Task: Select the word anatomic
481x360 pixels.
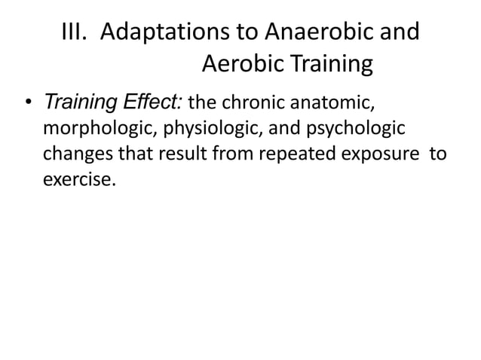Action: (339, 102)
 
